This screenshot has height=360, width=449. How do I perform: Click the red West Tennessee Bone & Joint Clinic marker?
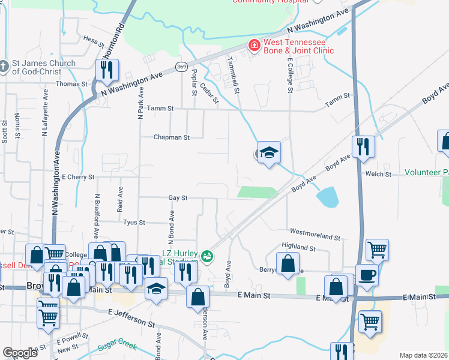click(x=255, y=46)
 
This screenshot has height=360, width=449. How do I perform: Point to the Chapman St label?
click(x=171, y=137)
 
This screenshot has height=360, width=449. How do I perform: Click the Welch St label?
click(x=378, y=174)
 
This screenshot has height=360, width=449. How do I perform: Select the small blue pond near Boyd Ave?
click(x=328, y=196)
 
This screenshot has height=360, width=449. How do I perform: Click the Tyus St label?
click(x=134, y=222)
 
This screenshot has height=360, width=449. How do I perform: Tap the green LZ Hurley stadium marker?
click(x=207, y=256)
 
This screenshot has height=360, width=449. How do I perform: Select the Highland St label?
click(x=298, y=247)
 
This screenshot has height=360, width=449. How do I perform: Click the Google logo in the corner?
click(x=20, y=353)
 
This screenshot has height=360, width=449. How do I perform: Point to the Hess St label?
click(x=94, y=39)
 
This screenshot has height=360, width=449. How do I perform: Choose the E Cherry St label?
click(x=78, y=177)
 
